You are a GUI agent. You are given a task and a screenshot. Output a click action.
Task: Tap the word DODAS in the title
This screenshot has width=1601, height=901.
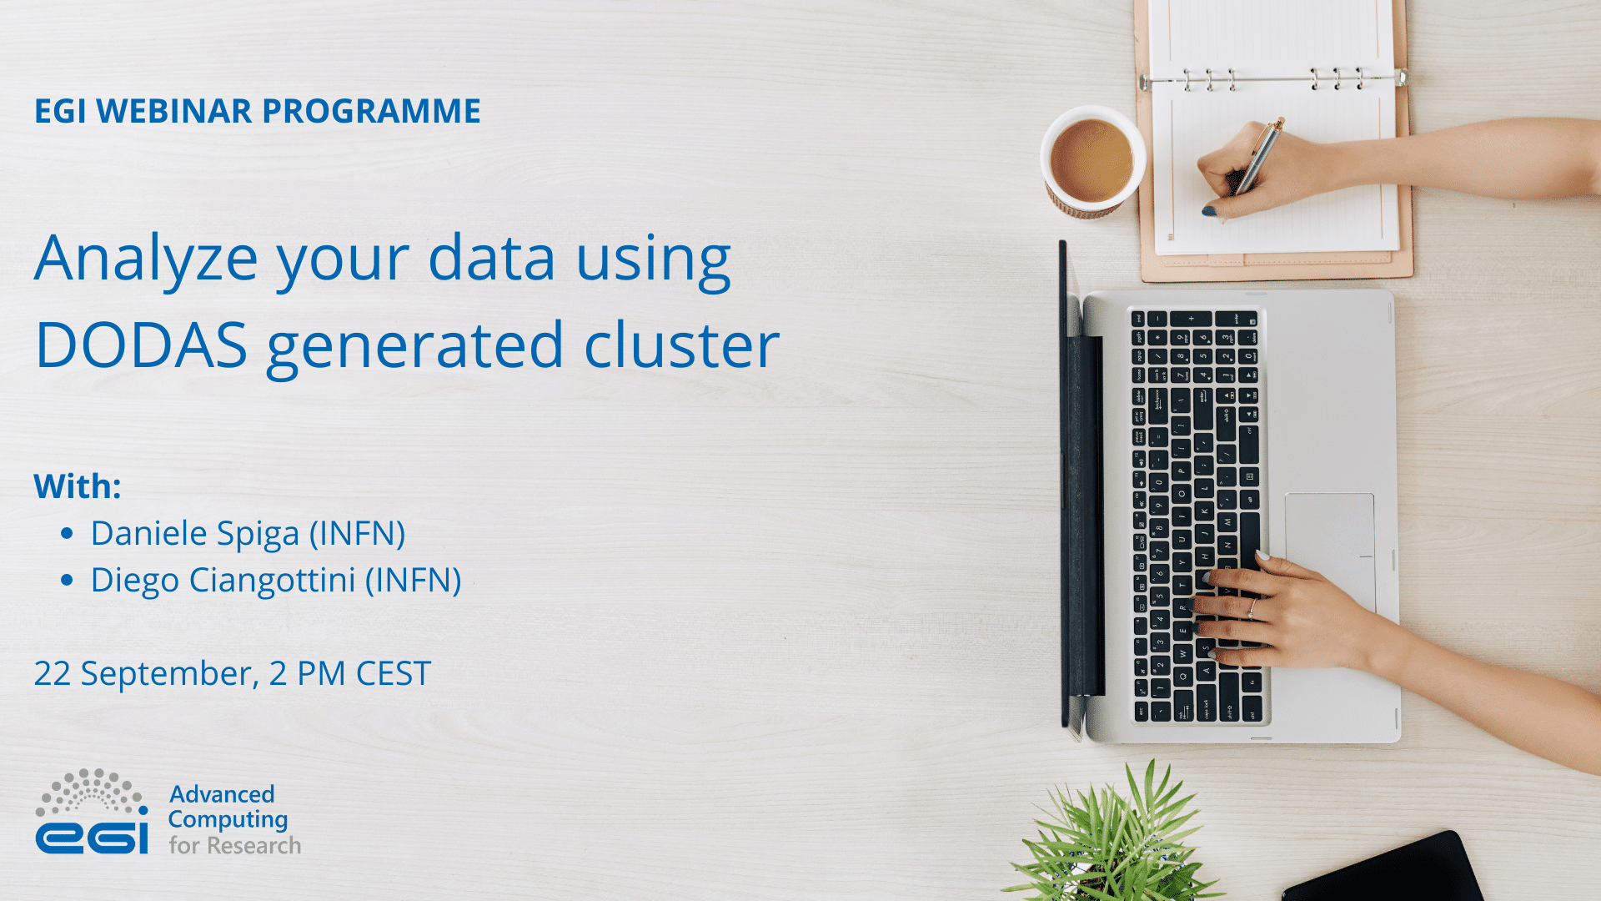[141, 345]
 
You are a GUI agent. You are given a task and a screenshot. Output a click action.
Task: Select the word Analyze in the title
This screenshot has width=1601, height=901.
[146, 259]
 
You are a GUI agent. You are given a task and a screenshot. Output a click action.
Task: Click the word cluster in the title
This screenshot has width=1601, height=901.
[681, 345]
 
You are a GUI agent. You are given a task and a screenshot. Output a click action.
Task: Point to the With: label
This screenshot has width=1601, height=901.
[78, 486]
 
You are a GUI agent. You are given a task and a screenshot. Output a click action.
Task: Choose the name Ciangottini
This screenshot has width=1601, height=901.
[273, 580]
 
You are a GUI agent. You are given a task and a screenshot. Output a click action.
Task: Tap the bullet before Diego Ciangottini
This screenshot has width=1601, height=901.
[68, 580]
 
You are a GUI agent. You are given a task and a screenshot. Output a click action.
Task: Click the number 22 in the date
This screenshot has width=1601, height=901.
[52, 673]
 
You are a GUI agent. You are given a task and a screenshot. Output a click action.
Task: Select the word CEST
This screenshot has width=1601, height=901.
[394, 673]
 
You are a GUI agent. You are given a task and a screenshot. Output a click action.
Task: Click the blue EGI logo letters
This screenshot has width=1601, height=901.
[92, 837]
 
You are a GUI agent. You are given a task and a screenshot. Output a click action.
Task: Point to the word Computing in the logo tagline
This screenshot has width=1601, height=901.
[228, 820]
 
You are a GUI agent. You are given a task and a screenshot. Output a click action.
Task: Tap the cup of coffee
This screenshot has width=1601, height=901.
[1091, 160]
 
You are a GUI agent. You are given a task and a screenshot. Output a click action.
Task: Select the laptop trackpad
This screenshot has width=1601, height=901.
[1329, 542]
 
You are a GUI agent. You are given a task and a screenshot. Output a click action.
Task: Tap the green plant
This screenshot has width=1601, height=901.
[1117, 834]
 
